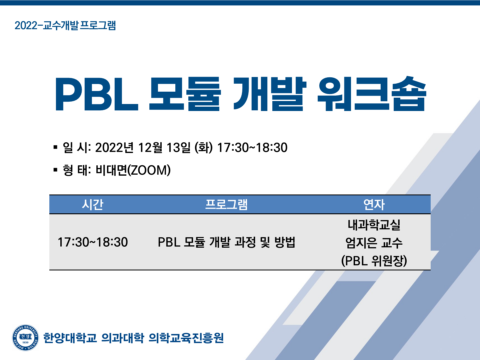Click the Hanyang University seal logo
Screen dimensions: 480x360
click(x=25, y=338)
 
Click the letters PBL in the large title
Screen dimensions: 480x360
click(x=97, y=94)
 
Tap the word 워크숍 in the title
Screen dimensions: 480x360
click(x=372, y=94)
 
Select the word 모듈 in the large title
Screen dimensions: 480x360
click(x=185, y=94)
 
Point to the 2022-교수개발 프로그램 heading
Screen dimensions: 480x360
click(x=65, y=25)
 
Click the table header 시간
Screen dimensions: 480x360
click(x=93, y=205)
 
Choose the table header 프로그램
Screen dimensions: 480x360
click(x=226, y=205)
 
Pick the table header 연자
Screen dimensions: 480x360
click(x=374, y=205)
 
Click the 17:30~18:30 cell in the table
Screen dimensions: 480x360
click(x=93, y=242)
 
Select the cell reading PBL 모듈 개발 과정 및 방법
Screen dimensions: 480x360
click(x=227, y=242)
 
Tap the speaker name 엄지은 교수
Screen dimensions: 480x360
click(x=374, y=243)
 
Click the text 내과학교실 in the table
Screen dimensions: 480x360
click(x=374, y=225)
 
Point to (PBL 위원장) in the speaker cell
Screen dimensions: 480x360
click(x=374, y=261)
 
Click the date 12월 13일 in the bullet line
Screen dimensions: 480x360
click(x=164, y=147)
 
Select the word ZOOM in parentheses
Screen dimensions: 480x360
click(x=149, y=170)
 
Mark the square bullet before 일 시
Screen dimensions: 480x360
click(x=55, y=147)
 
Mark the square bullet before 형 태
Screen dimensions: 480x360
click(x=55, y=170)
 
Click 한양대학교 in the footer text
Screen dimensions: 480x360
click(x=70, y=338)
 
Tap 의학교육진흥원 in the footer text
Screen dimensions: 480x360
click(x=186, y=338)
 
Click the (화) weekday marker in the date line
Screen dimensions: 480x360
click(x=204, y=147)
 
